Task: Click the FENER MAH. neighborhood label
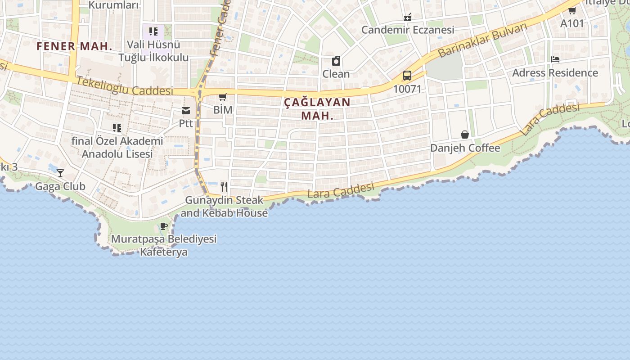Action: (74, 46)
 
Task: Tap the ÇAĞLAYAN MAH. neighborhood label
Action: (317, 108)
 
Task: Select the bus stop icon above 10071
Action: (407, 75)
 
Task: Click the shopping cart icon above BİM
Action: (222, 97)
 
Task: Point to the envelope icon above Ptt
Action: (186, 111)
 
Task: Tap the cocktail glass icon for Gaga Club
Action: (60, 173)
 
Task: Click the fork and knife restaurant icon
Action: (224, 186)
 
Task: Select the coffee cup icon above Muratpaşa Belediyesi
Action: (163, 226)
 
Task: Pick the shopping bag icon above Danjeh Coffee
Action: (465, 135)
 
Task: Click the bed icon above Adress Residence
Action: (555, 59)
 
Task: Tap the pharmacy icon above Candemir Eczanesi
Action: (408, 17)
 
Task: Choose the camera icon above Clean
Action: (336, 61)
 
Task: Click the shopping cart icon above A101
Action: (572, 10)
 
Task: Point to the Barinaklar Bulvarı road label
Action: (482, 40)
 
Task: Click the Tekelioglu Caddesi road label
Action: (125, 85)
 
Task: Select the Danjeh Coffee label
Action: (465, 148)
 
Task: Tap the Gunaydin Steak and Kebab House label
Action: (224, 207)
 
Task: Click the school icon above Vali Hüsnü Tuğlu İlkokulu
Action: (153, 31)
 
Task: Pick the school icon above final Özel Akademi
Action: (117, 128)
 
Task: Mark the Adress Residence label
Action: (555, 73)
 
